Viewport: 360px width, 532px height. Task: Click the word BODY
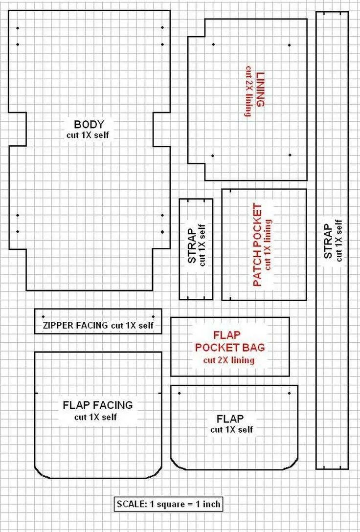click(x=89, y=124)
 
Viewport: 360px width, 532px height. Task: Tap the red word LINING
click(x=260, y=89)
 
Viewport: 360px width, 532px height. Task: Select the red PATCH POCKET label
click(x=258, y=245)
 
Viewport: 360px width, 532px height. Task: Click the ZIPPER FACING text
click(x=76, y=325)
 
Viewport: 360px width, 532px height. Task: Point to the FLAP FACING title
click(x=98, y=405)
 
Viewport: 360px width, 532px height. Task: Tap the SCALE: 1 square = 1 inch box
click(x=169, y=504)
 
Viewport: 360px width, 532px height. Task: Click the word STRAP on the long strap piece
click(x=328, y=241)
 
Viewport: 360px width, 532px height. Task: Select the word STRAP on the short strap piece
click(x=192, y=246)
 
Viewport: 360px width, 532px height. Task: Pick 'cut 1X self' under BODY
click(x=88, y=135)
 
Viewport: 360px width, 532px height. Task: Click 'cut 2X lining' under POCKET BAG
click(x=229, y=360)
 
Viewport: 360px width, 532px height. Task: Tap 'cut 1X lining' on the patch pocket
click(x=269, y=244)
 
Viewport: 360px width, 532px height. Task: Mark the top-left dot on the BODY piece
click(x=18, y=28)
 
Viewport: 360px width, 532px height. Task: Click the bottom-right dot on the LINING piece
click(x=290, y=155)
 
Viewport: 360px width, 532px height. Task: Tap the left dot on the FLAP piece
click(x=179, y=393)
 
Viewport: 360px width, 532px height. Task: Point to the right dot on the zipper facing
click(x=154, y=317)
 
